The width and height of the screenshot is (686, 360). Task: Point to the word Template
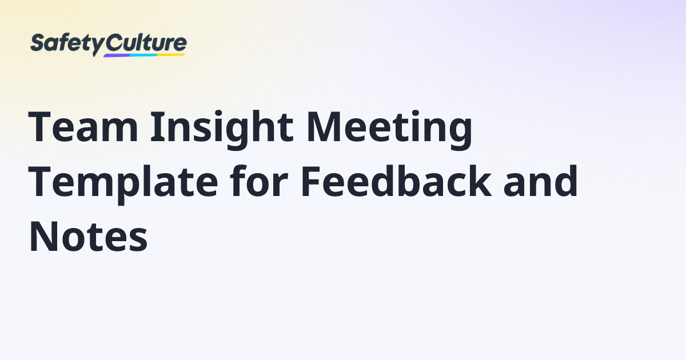coord(123,182)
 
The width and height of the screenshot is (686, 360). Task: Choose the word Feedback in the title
coord(395,182)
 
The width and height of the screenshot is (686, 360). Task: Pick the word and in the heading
coord(540,182)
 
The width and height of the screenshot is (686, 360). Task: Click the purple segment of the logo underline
coord(117,55)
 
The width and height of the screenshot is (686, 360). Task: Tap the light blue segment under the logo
coord(143,55)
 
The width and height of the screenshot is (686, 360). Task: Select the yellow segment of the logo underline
coord(171,55)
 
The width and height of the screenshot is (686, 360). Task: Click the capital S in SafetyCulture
coord(37,43)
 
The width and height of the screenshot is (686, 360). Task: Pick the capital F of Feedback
coord(310,182)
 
